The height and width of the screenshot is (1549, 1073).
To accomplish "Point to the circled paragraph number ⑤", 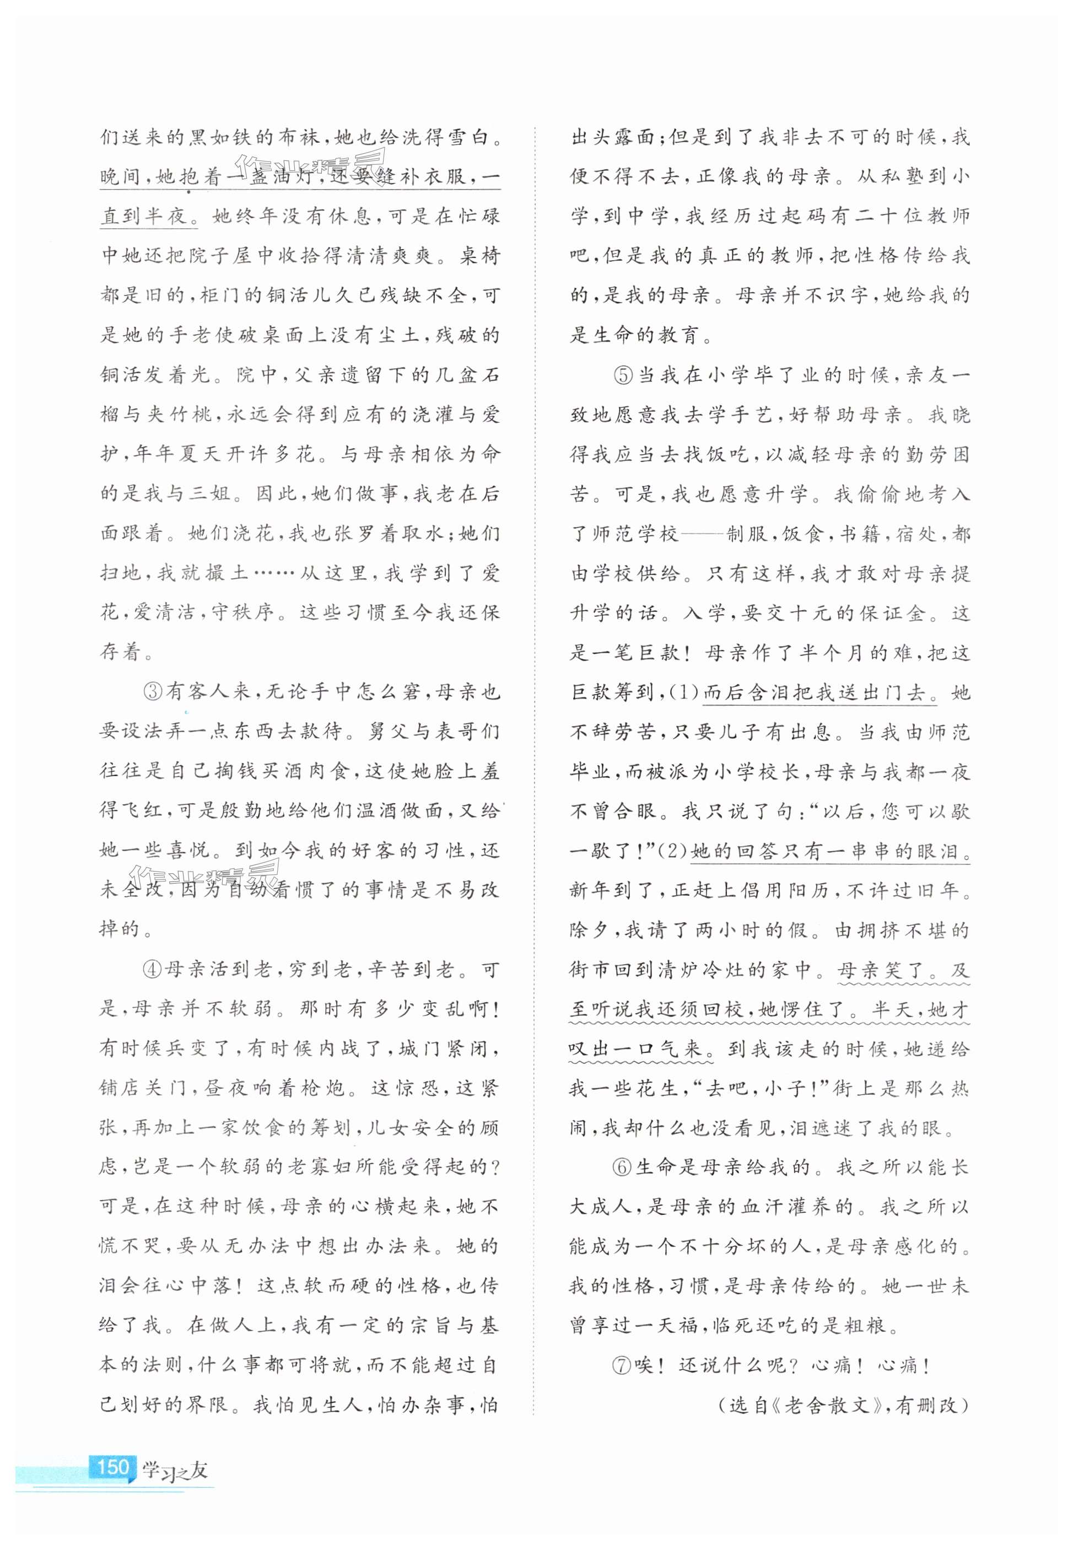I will tap(623, 375).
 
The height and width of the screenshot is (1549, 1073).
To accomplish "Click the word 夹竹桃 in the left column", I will tap(179, 415).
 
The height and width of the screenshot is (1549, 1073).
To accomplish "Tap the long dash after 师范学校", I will tap(703, 535).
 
